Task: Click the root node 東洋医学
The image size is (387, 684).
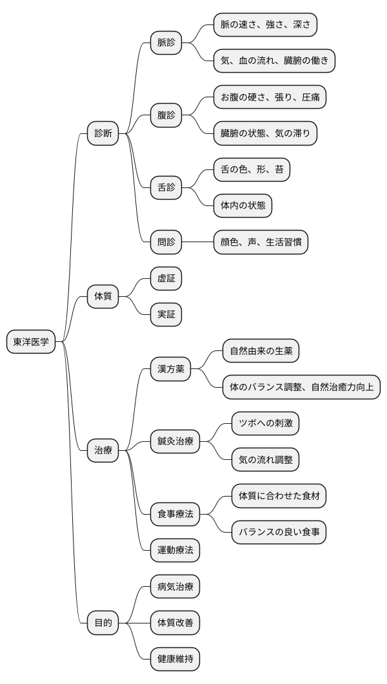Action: point(31,342)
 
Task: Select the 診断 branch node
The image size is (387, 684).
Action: point(103,134)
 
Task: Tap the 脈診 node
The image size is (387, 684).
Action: point(166,43)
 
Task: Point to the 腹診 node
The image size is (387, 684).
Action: point(166,116)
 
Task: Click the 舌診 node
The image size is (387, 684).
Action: point(166,189)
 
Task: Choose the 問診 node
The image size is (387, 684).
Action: point(166,243)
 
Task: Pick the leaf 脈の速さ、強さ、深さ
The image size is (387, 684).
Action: point(266,25)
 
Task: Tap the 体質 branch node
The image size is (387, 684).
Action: point(103,297)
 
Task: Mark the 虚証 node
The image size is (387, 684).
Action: point(166,279)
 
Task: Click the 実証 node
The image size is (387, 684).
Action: point(166,315)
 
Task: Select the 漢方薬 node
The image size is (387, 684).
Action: point(170,369)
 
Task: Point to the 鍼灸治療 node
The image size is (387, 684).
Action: point(175,442)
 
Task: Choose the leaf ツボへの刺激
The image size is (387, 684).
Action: point(265,424)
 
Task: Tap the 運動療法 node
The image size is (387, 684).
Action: point(175,551)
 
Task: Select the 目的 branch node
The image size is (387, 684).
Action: point(103,623)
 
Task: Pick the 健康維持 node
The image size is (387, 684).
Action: point(175,659)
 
